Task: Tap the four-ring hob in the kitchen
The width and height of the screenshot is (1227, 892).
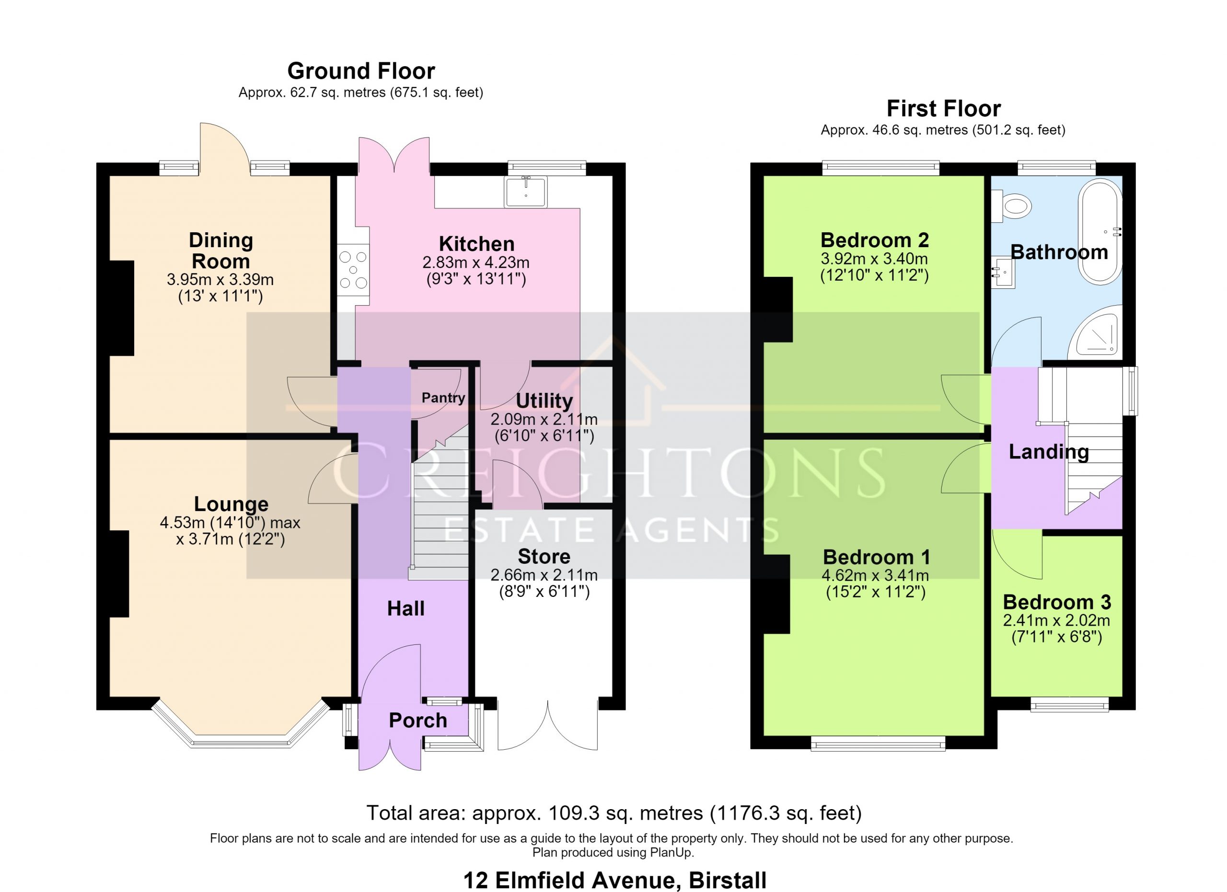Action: (x=353, y=270)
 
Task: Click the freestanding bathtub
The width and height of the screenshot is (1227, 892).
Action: (x=1100, y=231)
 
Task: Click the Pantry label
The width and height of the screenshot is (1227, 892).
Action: (x=443, y=398)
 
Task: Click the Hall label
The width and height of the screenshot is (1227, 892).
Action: (x=406, y=609)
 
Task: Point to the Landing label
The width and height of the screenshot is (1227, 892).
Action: (x=1049, y=452)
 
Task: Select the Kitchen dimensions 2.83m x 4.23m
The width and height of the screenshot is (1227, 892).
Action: (x=475, y=263)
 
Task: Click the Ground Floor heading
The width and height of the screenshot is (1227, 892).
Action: (x=361, y=71)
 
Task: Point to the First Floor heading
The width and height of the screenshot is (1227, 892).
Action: (x=944, y=109)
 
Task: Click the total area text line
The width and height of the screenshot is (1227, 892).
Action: (x=614, y=813)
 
